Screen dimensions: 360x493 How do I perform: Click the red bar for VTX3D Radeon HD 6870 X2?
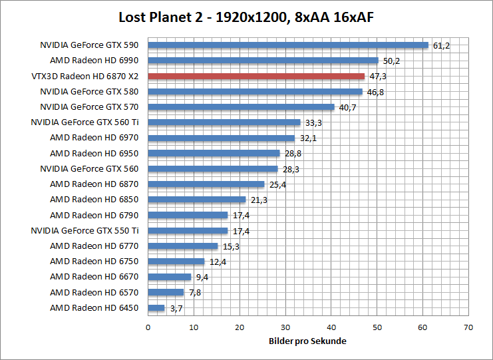[x=256, y=77]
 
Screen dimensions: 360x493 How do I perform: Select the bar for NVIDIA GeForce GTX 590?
[x=288, y=46]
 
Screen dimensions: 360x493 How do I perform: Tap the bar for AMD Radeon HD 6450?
[x=156, y=307]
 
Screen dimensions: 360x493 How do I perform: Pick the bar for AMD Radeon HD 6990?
[x=263, y=61]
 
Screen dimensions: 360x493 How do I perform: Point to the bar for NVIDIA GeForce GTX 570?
[x=241, y=107]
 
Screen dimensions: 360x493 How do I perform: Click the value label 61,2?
[x=442, y=46]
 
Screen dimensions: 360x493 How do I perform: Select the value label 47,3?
[x=378, y=77]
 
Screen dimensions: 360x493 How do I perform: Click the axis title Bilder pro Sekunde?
[x=308, y=341]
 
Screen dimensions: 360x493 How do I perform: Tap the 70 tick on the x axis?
[x=468, y=327]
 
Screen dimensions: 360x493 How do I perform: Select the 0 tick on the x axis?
[x=148, y=327]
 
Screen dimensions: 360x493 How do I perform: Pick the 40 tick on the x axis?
[x=331, y=327]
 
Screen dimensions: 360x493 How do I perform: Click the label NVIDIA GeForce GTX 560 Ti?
[x=85, y=122]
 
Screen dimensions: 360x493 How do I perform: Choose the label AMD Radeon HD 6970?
[x=94, y=138]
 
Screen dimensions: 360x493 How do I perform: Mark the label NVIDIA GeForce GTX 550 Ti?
[x=85, y=230]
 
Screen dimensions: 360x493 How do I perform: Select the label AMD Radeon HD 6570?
[x=94, y=292]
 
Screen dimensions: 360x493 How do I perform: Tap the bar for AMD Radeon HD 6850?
[x=197, y=200]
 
